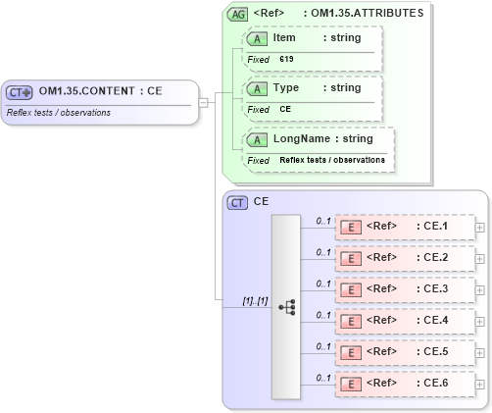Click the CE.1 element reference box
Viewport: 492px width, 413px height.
pyautogui.click(x=404, y=227)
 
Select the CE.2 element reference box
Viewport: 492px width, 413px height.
pyautogui.click(x=404, y=258)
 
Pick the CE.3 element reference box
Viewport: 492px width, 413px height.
pyautogui.click(x=404, y=289)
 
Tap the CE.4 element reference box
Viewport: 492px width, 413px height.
pyautogui.click(x=404, y=320)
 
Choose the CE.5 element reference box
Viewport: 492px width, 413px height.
pyautogui.click(x=404, y=351)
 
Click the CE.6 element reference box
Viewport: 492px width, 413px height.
pyautogui.click(x=404, y=383)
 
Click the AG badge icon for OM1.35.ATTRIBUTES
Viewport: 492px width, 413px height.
pyautogui.click(x=237, y=15)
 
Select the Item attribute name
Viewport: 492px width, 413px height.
pyautogui.click(x=284, y=38)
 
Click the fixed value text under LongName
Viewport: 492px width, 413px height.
pyautogui.click(x=331, y=159)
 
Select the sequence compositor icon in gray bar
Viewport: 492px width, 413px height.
pyautogui.click(x=286, y=306)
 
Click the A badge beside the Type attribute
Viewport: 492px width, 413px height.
pyautogui.click(x=258, y=88)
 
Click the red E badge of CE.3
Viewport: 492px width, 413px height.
pyautogui.click(x=350, y=289)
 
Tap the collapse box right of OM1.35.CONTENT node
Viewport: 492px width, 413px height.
pyautogui.click(x=203, y=101)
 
